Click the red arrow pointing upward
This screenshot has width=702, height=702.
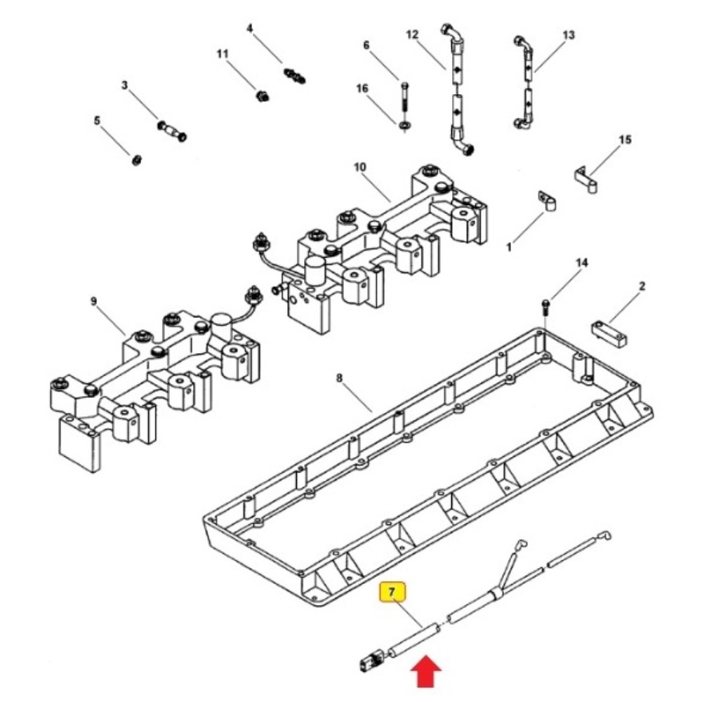[x=426, y=671]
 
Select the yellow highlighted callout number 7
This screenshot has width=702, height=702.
[x=392, y=592]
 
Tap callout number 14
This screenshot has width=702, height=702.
[x=581, y=263]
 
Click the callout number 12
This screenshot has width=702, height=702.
[x=412, y=34]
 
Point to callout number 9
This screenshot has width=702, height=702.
[x=93, y=301]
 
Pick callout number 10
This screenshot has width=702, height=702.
[x=360, y=167]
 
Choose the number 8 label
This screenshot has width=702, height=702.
[x=339, y=378]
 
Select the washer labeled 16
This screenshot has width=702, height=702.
[x=405, y=124]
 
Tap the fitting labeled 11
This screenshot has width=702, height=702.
[x=263, y=95]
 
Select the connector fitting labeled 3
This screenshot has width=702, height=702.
[x=173, y=131]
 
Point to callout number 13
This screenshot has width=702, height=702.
[x=568, y=34]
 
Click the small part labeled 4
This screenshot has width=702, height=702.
[x=295, y=76]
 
